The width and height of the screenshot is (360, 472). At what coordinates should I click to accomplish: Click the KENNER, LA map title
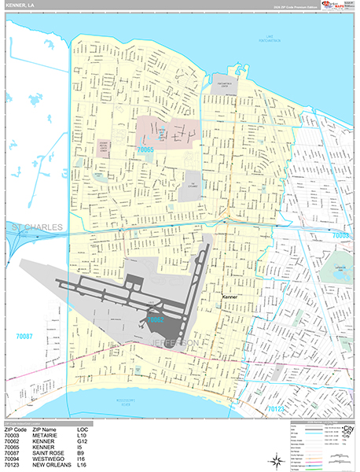(x=21, y=6)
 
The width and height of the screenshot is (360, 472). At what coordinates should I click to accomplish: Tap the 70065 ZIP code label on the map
(x=146, y=148)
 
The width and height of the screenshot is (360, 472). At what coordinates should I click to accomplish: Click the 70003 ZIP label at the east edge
(x=340, y=234)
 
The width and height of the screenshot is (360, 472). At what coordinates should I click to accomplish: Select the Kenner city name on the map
(x=230, y=297)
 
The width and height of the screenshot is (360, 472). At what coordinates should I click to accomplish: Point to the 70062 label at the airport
(x=155, y=320)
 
